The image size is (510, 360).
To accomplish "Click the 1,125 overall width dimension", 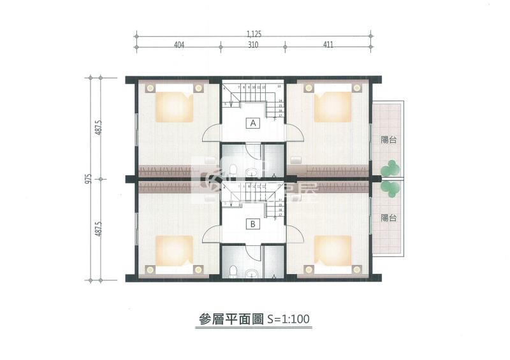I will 253,34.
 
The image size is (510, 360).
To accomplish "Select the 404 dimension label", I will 178,46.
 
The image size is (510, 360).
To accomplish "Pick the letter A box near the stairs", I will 252,123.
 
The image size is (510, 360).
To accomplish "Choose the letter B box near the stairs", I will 252,224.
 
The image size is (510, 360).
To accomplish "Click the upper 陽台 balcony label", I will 388,141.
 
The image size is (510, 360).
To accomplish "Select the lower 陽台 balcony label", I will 388,218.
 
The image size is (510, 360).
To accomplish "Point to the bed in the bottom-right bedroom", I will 333,253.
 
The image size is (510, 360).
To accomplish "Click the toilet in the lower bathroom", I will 233,271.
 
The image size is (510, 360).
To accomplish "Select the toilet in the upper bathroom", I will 233,171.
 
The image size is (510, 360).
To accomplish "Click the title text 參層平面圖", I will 226,317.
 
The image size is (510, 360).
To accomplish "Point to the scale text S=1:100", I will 288,317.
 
